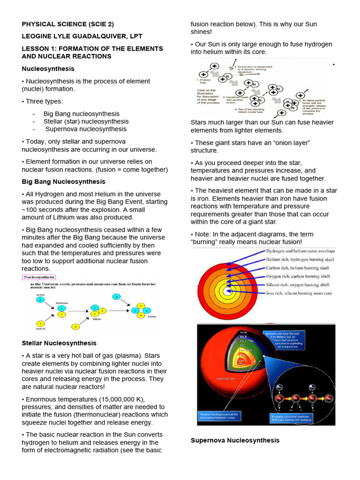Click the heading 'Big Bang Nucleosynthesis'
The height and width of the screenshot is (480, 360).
64,181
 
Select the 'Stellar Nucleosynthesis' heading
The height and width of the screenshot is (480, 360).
59,343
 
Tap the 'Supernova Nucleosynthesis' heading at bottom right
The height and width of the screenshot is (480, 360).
235,440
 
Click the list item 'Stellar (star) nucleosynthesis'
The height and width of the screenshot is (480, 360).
86,121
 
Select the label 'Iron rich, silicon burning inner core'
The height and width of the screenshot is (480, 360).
299,293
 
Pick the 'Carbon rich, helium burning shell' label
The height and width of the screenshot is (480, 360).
298,268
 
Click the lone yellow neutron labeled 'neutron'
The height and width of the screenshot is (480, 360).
41,323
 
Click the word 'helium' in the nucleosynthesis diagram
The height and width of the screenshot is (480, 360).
151,316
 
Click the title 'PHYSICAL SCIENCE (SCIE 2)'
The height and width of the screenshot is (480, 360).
68,24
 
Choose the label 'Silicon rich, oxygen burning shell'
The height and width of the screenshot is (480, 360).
298,285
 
